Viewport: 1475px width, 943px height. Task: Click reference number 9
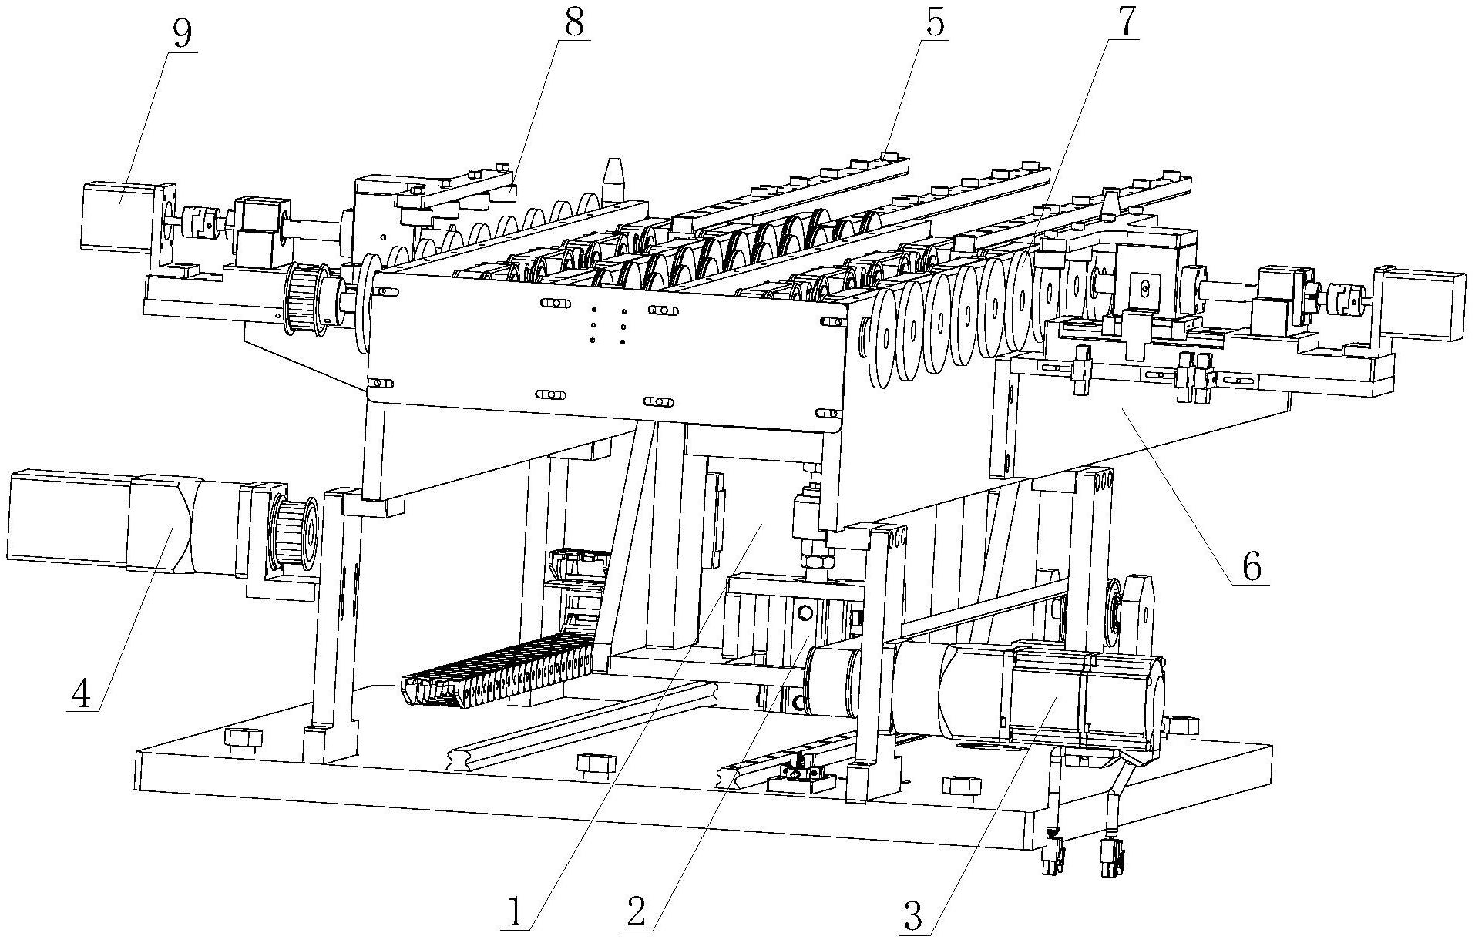pos(183,34)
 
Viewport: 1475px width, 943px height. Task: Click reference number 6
pos(1251,568)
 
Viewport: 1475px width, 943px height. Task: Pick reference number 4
pos(81,694)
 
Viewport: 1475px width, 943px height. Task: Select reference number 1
pos(515,914)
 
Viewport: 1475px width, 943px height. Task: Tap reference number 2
pos(635,914)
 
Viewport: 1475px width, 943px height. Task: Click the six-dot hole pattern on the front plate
pos(607,326)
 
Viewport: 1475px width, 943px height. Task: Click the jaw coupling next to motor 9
pos(203,221)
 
